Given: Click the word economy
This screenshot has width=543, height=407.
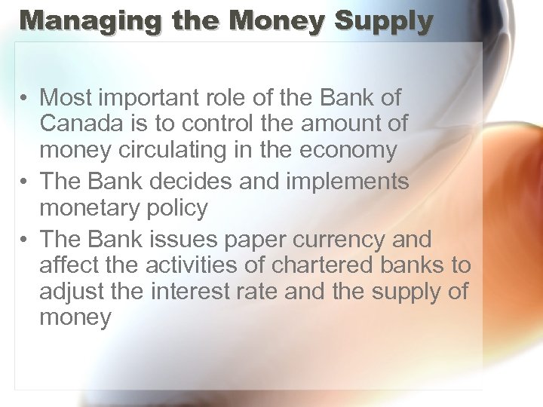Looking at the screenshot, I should (348, 150).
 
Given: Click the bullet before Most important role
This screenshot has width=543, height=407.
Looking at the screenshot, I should (25, 98).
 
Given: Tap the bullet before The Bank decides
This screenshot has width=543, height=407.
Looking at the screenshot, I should (25, 182).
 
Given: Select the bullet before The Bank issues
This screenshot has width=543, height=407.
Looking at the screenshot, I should (25, 240).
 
